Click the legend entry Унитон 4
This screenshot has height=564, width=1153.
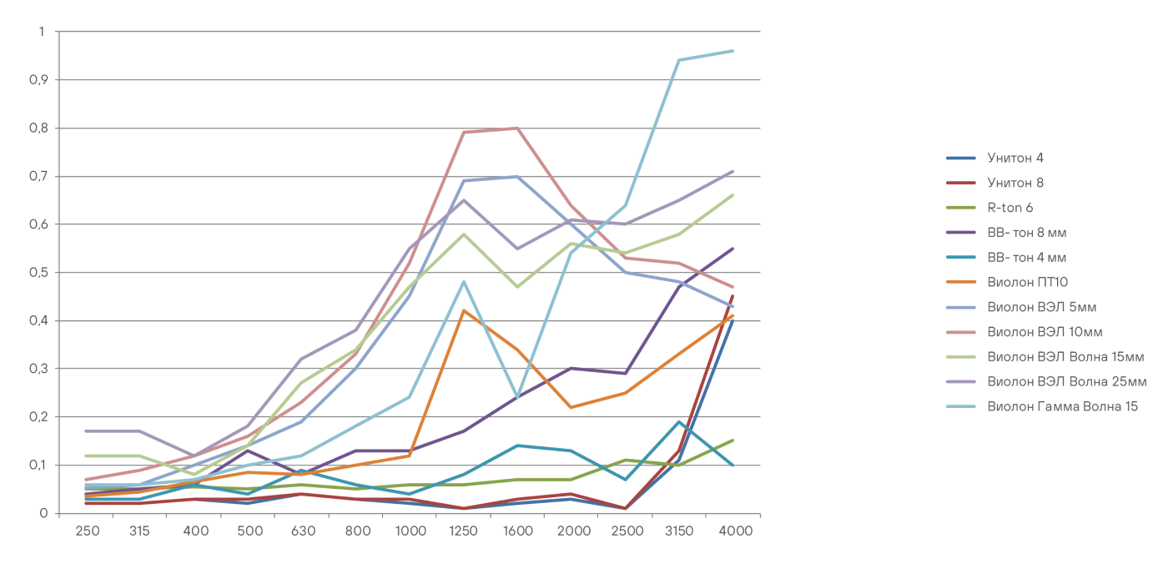coord(1015,158)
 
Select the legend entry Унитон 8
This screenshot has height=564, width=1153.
coord(1015,183)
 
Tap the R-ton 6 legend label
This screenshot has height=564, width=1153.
coord(1010,208)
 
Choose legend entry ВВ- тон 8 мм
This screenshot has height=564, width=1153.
coord(1026,233)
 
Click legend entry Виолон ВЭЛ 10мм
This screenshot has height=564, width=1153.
coord(1045,332)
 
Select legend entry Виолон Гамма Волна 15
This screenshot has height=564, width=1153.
coord(1062,406)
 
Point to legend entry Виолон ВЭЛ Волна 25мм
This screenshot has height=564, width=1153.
coord(1066,381)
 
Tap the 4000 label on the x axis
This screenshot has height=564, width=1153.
coord(733,531)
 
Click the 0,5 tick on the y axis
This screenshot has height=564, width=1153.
coord(39,273)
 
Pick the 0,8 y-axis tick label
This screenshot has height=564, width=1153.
coord(39,128)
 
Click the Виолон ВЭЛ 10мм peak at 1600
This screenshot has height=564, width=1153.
coord(517,128)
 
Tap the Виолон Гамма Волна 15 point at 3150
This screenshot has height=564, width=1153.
coord(679,60)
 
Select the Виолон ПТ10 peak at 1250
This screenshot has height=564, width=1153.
coord(463,310)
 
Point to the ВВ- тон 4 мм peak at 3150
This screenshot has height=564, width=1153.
coord(679,421)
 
